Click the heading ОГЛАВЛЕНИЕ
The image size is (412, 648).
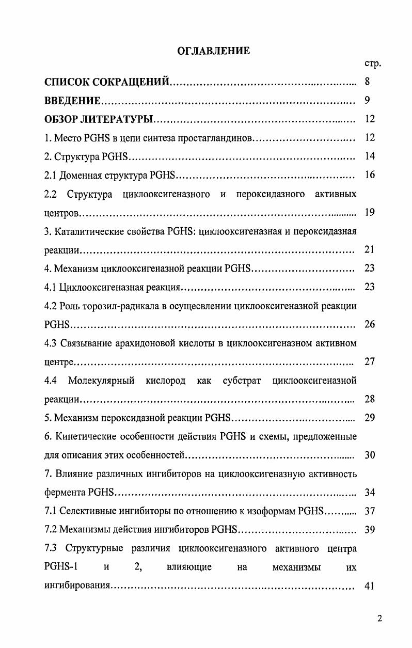pyautogui.click(x=213, y=51)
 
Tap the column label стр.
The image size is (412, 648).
pyautogui.click(x=372, y=64)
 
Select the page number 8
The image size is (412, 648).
pyautogui.click(x=367, y=82)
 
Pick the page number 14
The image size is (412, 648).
pyautogui.click(x=370, y=156)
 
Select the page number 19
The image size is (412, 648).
pyautogui.click(x=370, y=212)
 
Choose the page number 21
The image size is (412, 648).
pyautogui.click(x=370, y=250)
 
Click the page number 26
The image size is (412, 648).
pyautogui.click(x=370, y=324)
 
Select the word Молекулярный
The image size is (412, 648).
pyautogui.click(x=101, y=381)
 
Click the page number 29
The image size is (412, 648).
pyautogui.click(x=370, y=418)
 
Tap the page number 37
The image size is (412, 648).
pyautogui.click(x=370, y=511)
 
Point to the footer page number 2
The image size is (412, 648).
pyautogui.click(x=379, y=619)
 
